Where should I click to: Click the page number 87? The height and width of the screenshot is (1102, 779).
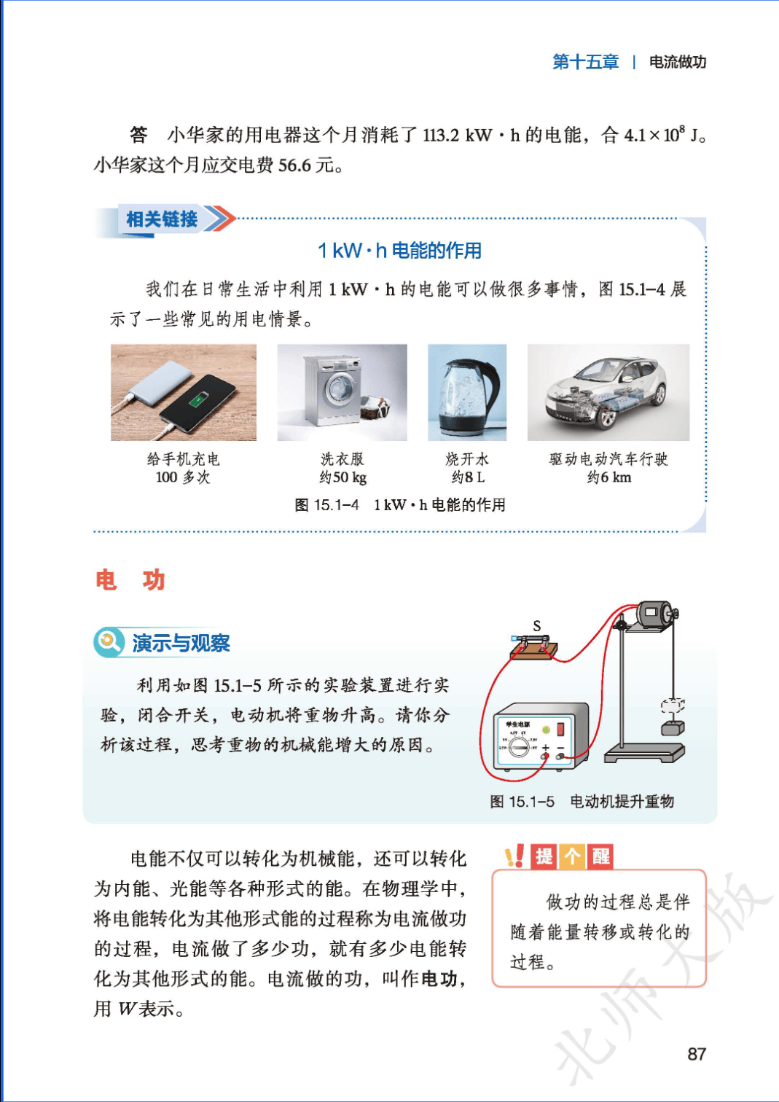(x=697, y=1054)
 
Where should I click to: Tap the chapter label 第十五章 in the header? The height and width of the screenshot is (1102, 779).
(x=585, y=62)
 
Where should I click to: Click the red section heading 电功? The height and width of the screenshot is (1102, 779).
(x=130, y=580)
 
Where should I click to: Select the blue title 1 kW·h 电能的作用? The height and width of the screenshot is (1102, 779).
(x=399, y=251)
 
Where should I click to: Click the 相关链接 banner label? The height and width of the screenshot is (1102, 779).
(x=162, y=219)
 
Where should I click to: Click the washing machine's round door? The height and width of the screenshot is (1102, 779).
(x=338, y=389)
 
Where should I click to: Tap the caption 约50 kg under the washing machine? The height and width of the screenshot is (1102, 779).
(x=342, y=477)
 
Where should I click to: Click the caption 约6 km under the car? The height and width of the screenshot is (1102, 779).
(x=609, y=477)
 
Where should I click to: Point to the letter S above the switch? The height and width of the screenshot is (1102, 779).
(x=537, y=626)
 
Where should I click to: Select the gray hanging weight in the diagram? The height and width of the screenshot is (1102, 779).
(x=673, y=728)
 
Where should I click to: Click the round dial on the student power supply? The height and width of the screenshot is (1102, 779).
(x=519, y=748)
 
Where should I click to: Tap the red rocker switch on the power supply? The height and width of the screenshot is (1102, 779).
(x=560, y=729)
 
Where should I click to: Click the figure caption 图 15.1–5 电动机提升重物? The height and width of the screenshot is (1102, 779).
(x=582, y=802)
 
